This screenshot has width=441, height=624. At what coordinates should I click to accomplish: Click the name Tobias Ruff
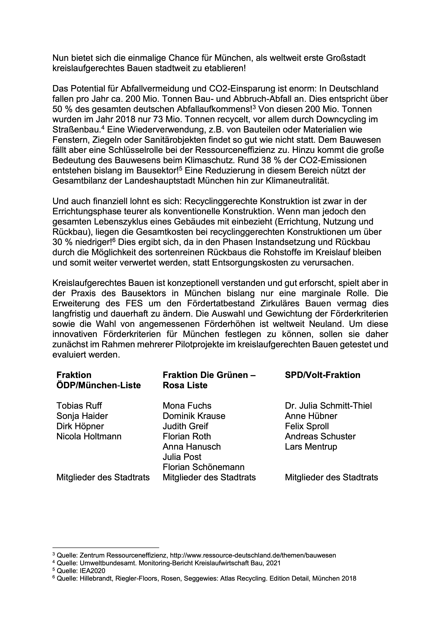79,406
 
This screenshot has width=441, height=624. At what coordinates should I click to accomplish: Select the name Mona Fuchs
187,406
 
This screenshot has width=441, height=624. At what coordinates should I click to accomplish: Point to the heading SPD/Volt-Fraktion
323,375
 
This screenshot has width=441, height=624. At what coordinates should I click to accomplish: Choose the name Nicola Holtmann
89,436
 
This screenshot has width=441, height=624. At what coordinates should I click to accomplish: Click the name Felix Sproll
307,426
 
